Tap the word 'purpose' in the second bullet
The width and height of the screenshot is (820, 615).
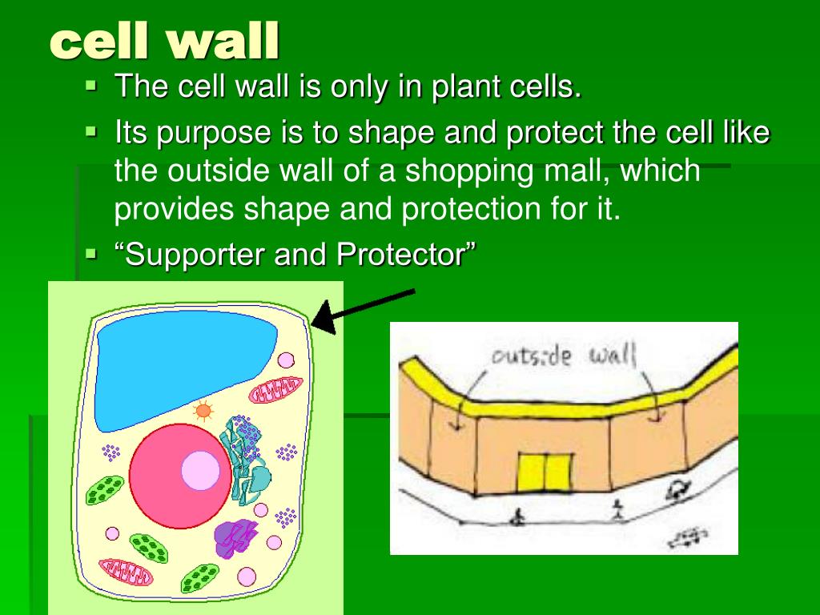point(206,132)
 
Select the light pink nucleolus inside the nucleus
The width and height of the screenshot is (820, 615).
point(200,471)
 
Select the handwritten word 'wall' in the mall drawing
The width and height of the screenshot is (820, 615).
point(613,353)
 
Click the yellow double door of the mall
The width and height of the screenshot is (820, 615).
point(545,472)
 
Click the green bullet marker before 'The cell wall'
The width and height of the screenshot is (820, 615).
point(91,83)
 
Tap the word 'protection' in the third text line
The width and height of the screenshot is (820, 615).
point(464,210)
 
